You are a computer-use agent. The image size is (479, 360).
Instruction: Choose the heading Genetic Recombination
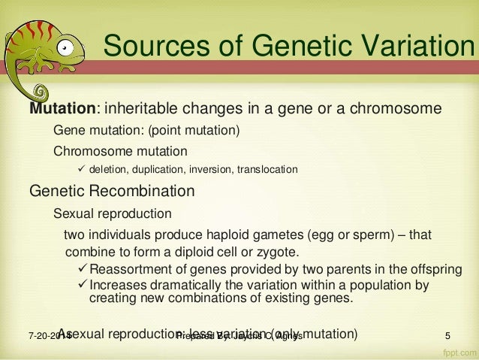click(x=112, y=190)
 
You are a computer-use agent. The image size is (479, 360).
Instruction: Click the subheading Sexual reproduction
click(x=112, y=213)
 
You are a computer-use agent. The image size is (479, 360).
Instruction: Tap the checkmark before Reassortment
click(x=83, y=268)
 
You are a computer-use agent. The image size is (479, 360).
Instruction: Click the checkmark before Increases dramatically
click(x=83, y=285)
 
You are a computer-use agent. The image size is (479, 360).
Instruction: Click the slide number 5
click(x=448, y=334)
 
